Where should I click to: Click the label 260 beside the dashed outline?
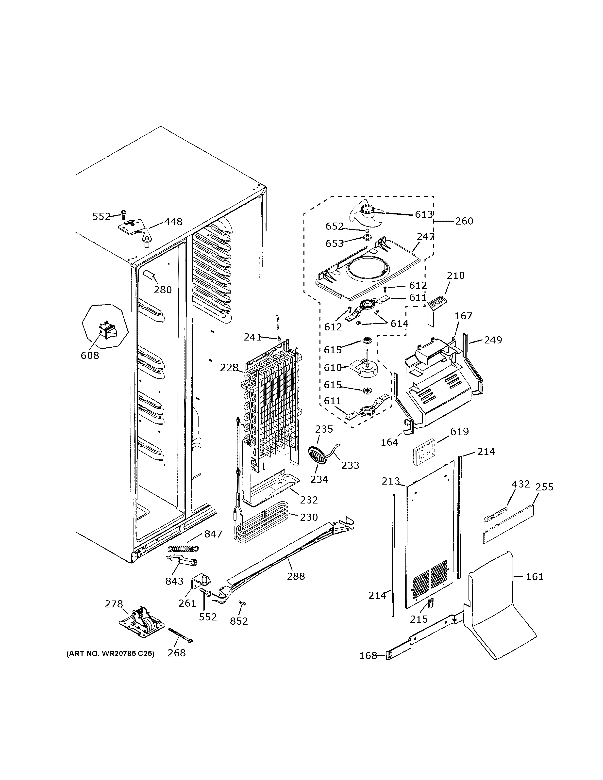pyautogui.click(x=464, y=221)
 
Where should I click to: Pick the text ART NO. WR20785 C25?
pyautogui.click(x=110, y=654)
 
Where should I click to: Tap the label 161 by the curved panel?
pyautogui.click(x=535, y=576)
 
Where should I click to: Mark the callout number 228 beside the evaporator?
pyautogui.click(x=229, y=368)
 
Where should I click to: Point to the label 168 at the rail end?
pyautogui.click(x=368, y=656)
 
